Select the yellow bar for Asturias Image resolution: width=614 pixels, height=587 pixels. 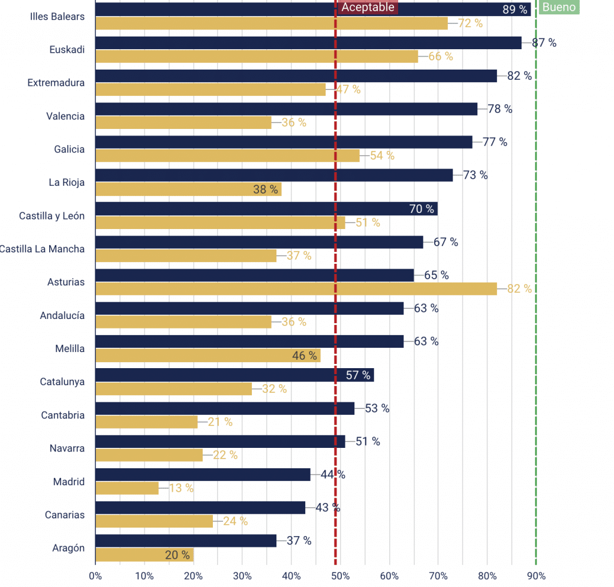(x=296, y=289)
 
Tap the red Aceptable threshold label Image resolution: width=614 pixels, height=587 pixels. (x=368, y=7)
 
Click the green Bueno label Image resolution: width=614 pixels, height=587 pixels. (x=559, y=7)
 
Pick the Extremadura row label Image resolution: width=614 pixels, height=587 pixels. (x=56, y=83)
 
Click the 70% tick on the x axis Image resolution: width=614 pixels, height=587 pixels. (x=438, y=576)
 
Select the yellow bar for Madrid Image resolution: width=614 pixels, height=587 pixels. (x=127, y=488)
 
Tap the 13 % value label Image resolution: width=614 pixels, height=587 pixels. (x=181, y=488)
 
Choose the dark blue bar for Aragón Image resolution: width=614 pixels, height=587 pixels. (x=186, y=541)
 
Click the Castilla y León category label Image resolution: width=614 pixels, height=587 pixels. (x=52, y=216)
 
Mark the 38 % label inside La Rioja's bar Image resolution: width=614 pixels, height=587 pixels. (x=266, y=189)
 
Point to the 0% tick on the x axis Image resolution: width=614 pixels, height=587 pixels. (x=95, y=576)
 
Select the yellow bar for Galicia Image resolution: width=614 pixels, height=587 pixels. (x=227, y=156)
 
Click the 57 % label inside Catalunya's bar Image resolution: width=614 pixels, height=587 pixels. (x=358, y=375)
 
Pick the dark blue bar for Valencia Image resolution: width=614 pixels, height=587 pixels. (x=286, y=109)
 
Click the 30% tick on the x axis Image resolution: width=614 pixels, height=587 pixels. (x=242, y=576)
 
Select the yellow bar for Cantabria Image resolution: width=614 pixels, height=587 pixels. (x=146, y=422)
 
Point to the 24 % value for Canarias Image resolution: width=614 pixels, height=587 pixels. (x=235, y=521)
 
